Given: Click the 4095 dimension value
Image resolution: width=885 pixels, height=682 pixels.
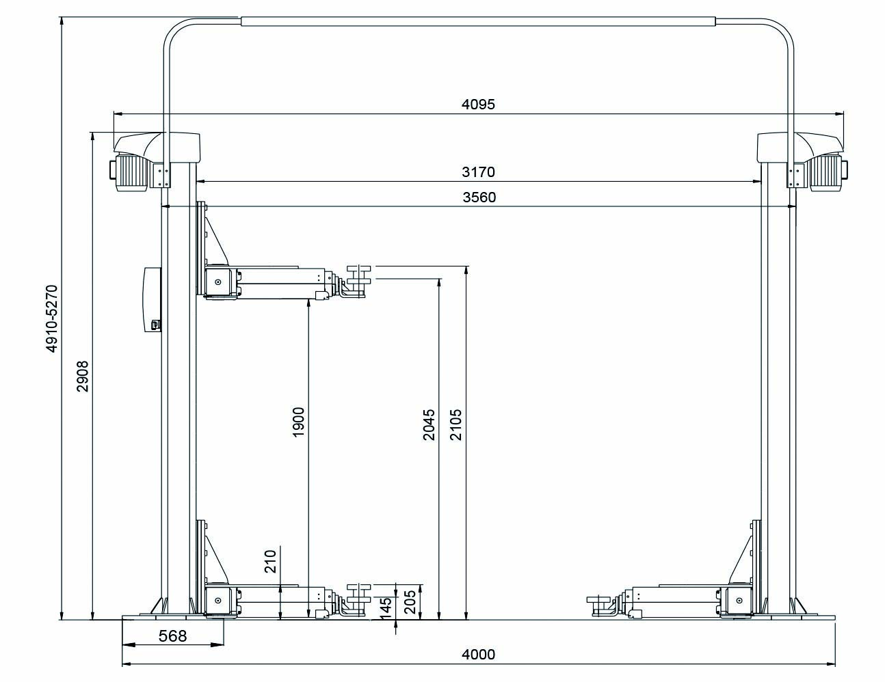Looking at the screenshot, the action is (478, 105).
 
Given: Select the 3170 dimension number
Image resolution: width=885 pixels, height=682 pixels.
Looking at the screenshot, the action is (478, 172).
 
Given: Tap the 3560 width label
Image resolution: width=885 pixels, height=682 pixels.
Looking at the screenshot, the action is (479, 197).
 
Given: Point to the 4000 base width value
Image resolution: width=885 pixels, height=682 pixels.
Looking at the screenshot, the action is (478, 655).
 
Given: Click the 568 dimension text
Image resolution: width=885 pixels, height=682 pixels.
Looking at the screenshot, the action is (172, 636).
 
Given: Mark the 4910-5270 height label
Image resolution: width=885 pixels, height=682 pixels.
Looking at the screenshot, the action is (52, 318).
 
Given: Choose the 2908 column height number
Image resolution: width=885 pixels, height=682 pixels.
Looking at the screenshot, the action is (83, 376).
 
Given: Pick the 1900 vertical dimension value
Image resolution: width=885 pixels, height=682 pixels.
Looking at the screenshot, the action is (298, 422).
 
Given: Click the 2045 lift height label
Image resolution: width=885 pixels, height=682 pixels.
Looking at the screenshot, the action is (429, 425).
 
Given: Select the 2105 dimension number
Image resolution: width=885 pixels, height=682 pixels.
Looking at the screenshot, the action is (455, 425).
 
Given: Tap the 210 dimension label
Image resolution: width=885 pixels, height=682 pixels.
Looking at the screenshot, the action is (270, 561).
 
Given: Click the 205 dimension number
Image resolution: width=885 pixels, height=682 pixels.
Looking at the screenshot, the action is (410, 602).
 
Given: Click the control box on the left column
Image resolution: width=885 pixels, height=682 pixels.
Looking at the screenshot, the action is (153, 299).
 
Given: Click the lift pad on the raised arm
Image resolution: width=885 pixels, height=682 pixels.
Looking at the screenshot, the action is (358, 275).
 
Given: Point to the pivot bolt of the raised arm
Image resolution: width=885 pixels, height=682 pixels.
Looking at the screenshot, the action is (218, 282).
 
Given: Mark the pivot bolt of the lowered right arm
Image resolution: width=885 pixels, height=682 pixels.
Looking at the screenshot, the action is (739, 600).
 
